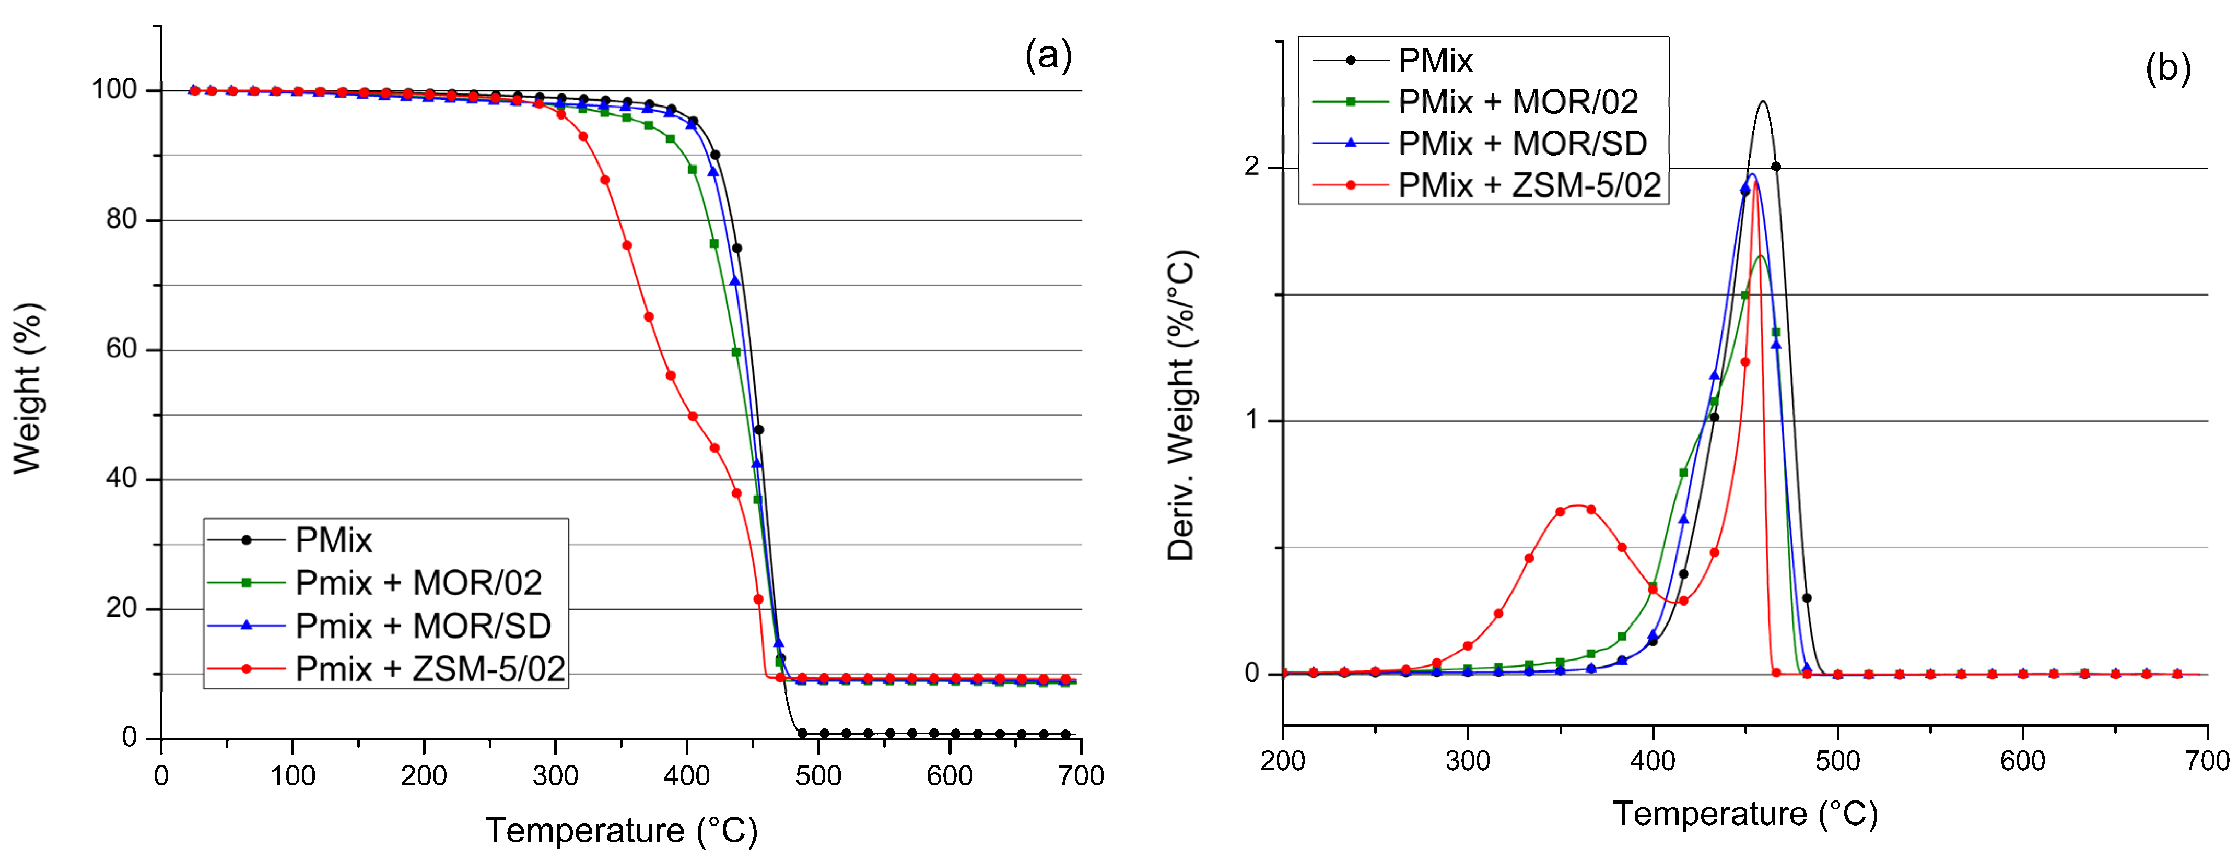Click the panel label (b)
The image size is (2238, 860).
click(x=2167, y=68)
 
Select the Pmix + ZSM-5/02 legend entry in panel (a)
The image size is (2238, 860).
click(x=429, y=669)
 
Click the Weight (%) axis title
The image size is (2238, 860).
click(x=28, y=388)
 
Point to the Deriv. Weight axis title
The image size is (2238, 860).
click(x=1181, y=406)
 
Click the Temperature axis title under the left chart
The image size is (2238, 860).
click(x=621, y=830)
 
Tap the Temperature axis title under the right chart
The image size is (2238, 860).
click(x=1744, y=814)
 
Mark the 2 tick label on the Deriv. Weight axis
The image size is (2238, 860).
click(x=1251, y=167)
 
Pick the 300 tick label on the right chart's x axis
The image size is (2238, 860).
click(x=1468, y=762)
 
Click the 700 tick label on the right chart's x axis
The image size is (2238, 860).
click(x=2207, y=762)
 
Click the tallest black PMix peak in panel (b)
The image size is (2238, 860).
click(x=1763, y=102)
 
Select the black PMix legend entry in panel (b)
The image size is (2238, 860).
click(x=1434, y=61)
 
